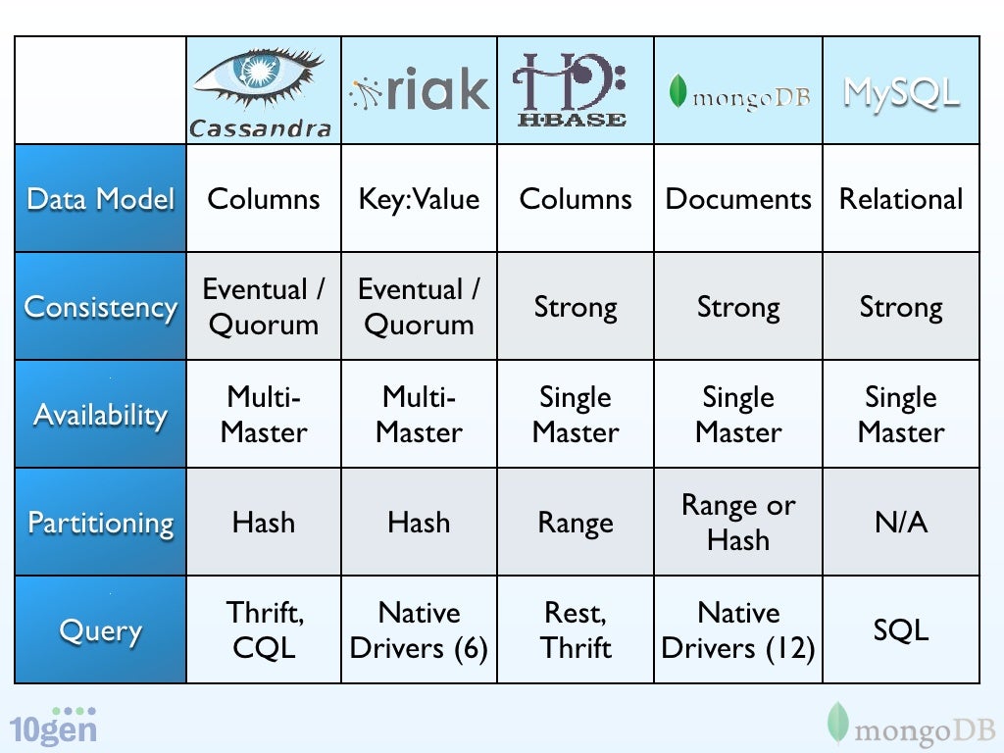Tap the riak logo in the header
pyautogui.click(x=419, y=91)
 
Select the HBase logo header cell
pyautogui.click(x=575, y=90)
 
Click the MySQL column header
pyautogui.click(x=901, y=93)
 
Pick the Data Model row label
pyautogui.click(x=100, y=199)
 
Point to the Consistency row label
pyautogui.click(x=100, y=307)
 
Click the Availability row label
pyautogui.click(x=100, y=415)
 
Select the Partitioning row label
pyautogui.click(x=100, y=523)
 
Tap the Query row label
pyautogui.click(x=100, y=630)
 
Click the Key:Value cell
pyautogui.click(x=419, y=199)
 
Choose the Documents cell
pyautogui.click(x=738, y=199)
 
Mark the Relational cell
pyautogui.click(x=901, y=199)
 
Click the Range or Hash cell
pyautogui.click(x=738, y=523)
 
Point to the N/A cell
pyautogui.click(x=901, y=523)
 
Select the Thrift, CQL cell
pyautogui.click(x=264, y=630)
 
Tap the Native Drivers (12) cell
pyautogui.click(x=738, y=630)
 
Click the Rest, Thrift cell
pyautogui.click(x=576, y=630)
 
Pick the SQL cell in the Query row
pyautogui.click(x=901, y=630)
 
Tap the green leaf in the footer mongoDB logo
pyautogui.click(x=836, y=723)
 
